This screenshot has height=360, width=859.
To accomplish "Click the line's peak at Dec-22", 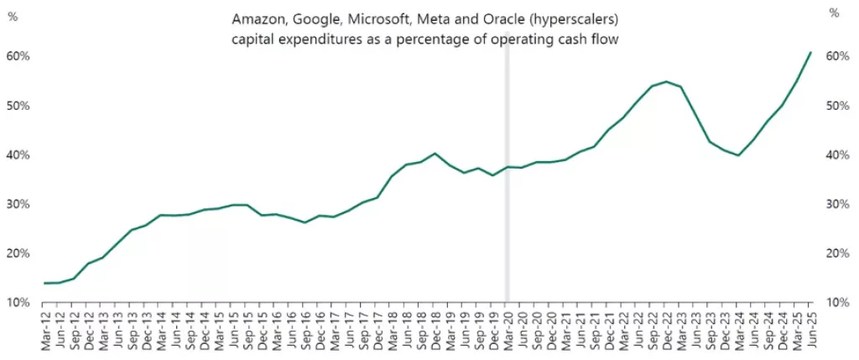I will click(x=666, y=81).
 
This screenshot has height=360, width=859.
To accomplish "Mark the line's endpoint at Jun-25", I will click(x=811, y=52).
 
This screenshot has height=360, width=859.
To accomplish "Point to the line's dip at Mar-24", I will click(x=738, y=155).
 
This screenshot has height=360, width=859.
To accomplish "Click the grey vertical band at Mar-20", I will click(x=507, y=210).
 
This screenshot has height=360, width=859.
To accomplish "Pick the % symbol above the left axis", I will click(x=12, y=13).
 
